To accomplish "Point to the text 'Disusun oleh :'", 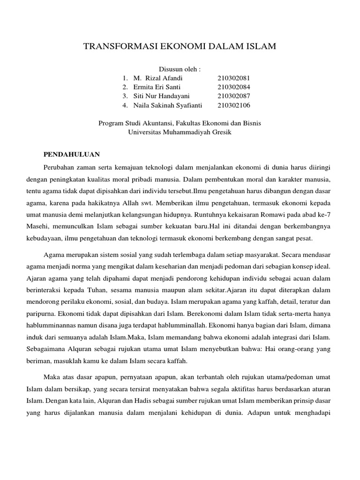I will (x=180, y=69).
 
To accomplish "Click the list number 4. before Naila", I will (x=125, y=105).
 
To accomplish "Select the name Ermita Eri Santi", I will (x=157, y=87).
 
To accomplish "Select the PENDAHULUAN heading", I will (x=75, y=154).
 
